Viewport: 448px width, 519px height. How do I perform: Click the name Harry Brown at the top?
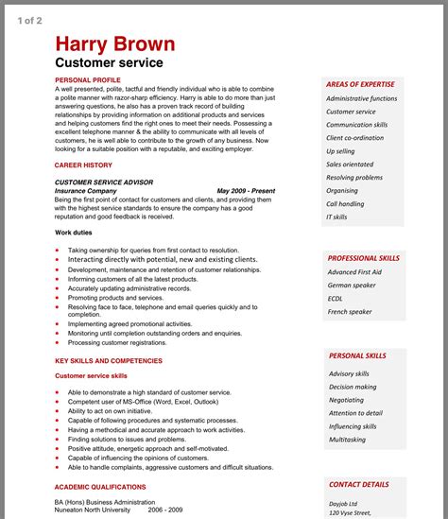pos(114,43)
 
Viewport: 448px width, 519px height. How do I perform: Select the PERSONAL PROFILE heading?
pos(88,79)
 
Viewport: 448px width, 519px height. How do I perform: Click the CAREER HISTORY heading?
pos(83,164)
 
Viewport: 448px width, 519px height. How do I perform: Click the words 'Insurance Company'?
pos(86,190)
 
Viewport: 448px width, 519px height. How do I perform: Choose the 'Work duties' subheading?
pos(75,232)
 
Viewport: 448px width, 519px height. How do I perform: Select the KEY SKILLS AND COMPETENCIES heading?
pos(108,360)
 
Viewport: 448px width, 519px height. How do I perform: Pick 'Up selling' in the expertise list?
pos(341,151)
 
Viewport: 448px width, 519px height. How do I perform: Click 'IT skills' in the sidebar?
pos(336,216)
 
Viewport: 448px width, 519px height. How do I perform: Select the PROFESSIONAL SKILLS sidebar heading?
pos(364,258)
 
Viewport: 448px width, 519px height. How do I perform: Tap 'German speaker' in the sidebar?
pos(352,285)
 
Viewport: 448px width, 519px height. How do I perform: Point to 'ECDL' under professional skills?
pos(336,298)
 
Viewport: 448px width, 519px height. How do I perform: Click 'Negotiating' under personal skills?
pos(346,400)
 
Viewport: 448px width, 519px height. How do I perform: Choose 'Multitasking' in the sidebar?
pos(347,440)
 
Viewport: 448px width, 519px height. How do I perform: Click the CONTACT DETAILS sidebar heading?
pos(358,484)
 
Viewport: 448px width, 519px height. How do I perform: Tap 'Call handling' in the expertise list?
pos(345,203)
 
